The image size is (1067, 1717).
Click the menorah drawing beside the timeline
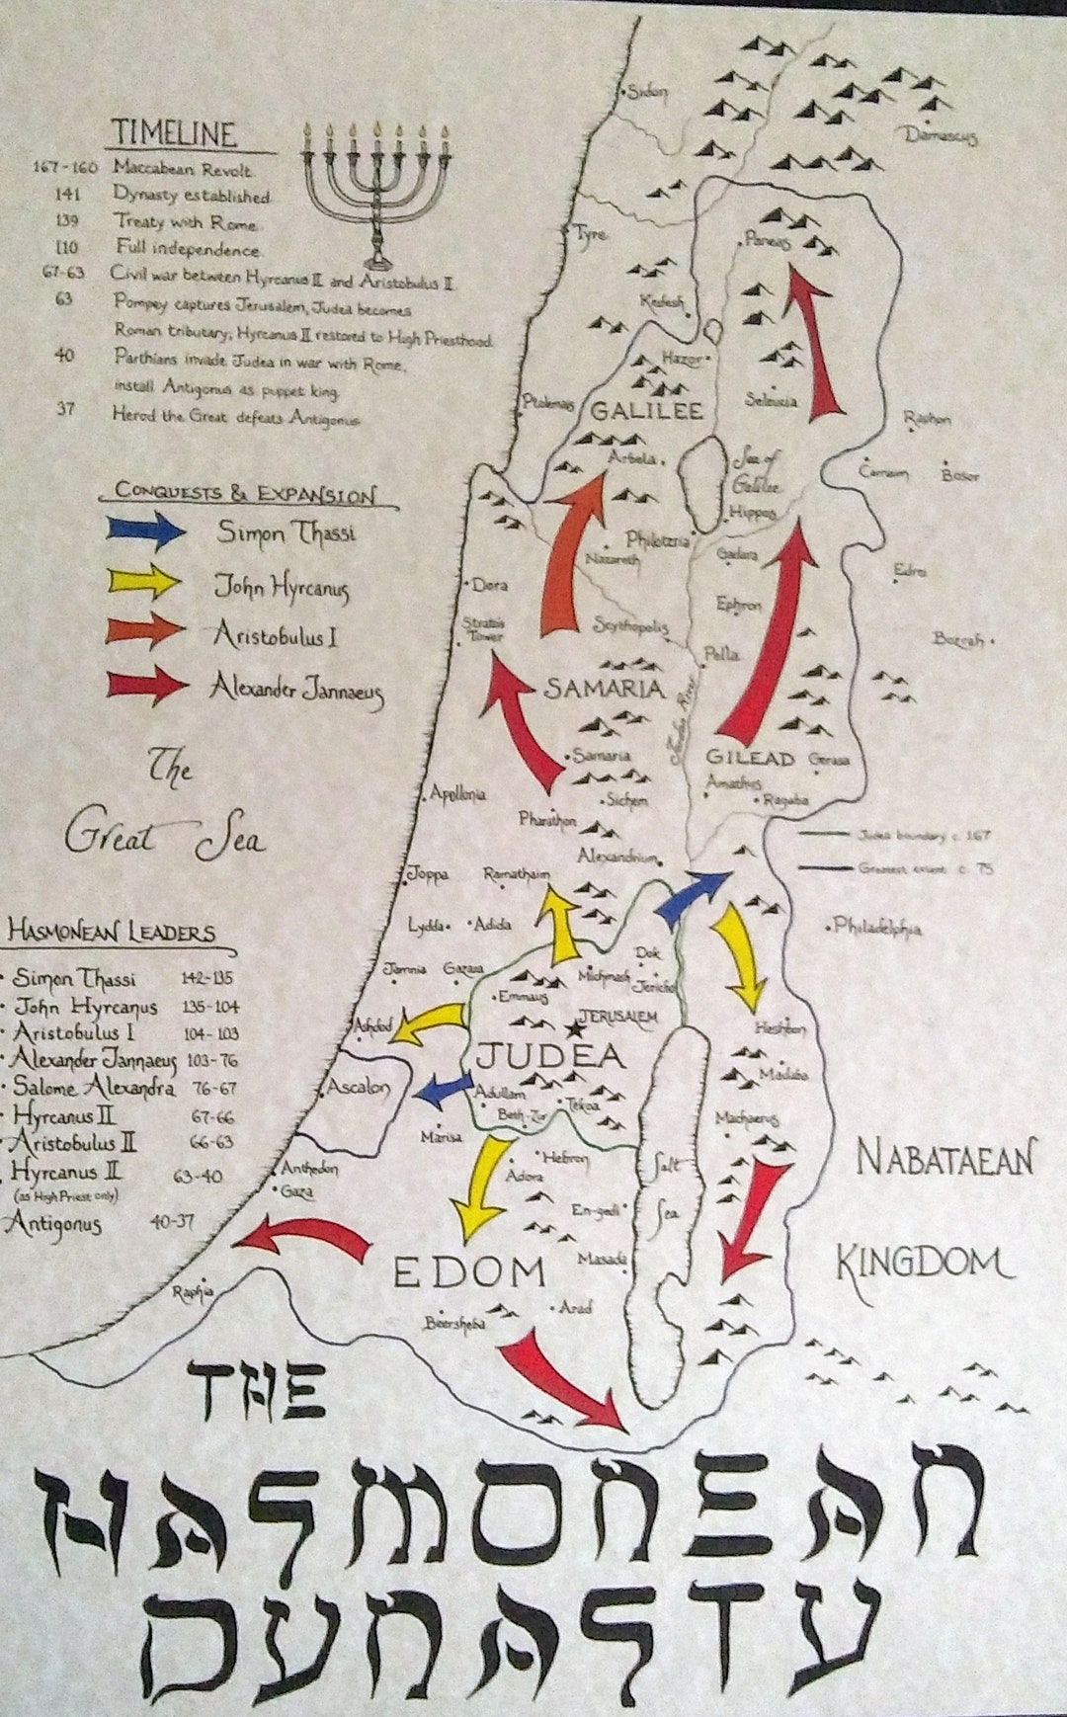click(376, 193)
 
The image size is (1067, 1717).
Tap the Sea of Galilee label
click(757, 472)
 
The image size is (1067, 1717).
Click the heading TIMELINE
click(174, 133)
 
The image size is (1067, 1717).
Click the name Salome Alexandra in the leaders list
click(94, 1088)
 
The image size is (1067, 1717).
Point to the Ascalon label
click(358, 1087)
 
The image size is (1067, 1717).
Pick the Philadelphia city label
click(877, 928)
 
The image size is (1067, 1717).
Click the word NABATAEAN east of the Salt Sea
click(945, 1158)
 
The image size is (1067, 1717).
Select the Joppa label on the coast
click(428, 874)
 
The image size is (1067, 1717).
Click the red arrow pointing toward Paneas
click(818, 346)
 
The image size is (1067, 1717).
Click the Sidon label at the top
click(647, 93)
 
